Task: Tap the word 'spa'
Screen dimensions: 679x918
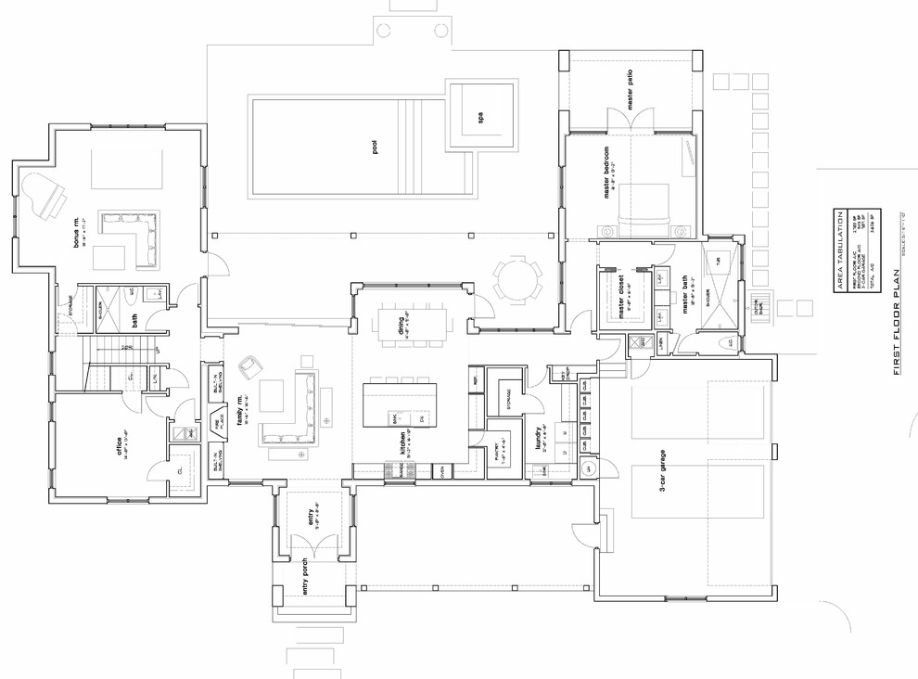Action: (480, 118)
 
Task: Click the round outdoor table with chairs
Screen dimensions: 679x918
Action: (516, 279)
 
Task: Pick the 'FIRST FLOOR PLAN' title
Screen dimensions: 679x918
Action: (897, 321)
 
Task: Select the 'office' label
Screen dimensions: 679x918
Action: (119, 446)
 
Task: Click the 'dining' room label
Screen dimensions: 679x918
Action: (402, 326)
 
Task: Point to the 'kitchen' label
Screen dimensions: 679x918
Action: (402, 448)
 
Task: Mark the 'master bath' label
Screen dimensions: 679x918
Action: (686, 299)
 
